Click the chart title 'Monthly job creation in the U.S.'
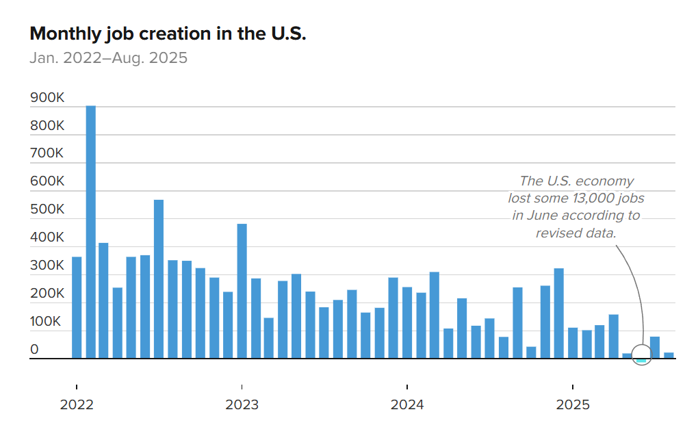pos(168,34)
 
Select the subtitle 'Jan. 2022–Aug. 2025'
pos(108,58)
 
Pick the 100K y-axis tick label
pos(47,322)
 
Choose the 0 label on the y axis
pos(34,350)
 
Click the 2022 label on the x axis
pos(77,404)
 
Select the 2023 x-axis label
pos(242,404)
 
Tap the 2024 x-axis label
pos(407,404)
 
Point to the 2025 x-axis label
pos(573,404)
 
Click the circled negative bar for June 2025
pos(641,360)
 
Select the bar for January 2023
pos(242,291)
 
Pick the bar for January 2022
pos(77,307)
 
